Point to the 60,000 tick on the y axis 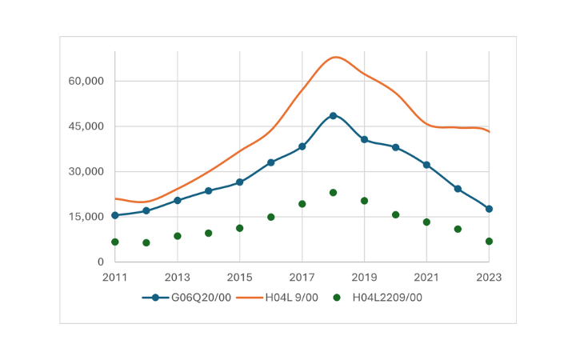coord(88,82)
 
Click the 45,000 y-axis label coord(88,126)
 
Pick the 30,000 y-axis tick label coord(88,172)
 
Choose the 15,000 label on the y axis coord(88,217)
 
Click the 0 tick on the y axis coord(100,262)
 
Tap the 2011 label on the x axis coord(114,278)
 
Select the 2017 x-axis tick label coord(302,278)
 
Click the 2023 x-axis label coord(489,278)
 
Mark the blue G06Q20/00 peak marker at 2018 coord(333,116)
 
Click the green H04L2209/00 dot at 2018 coord(333,193)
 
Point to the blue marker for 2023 coord(489,209)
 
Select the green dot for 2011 coord(114,242)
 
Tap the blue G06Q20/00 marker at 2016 coord(270,162)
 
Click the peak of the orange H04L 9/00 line coord(335,57)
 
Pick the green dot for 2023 coord(489,242)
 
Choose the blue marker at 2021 coord(426,165)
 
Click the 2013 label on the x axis coord(177,278)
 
